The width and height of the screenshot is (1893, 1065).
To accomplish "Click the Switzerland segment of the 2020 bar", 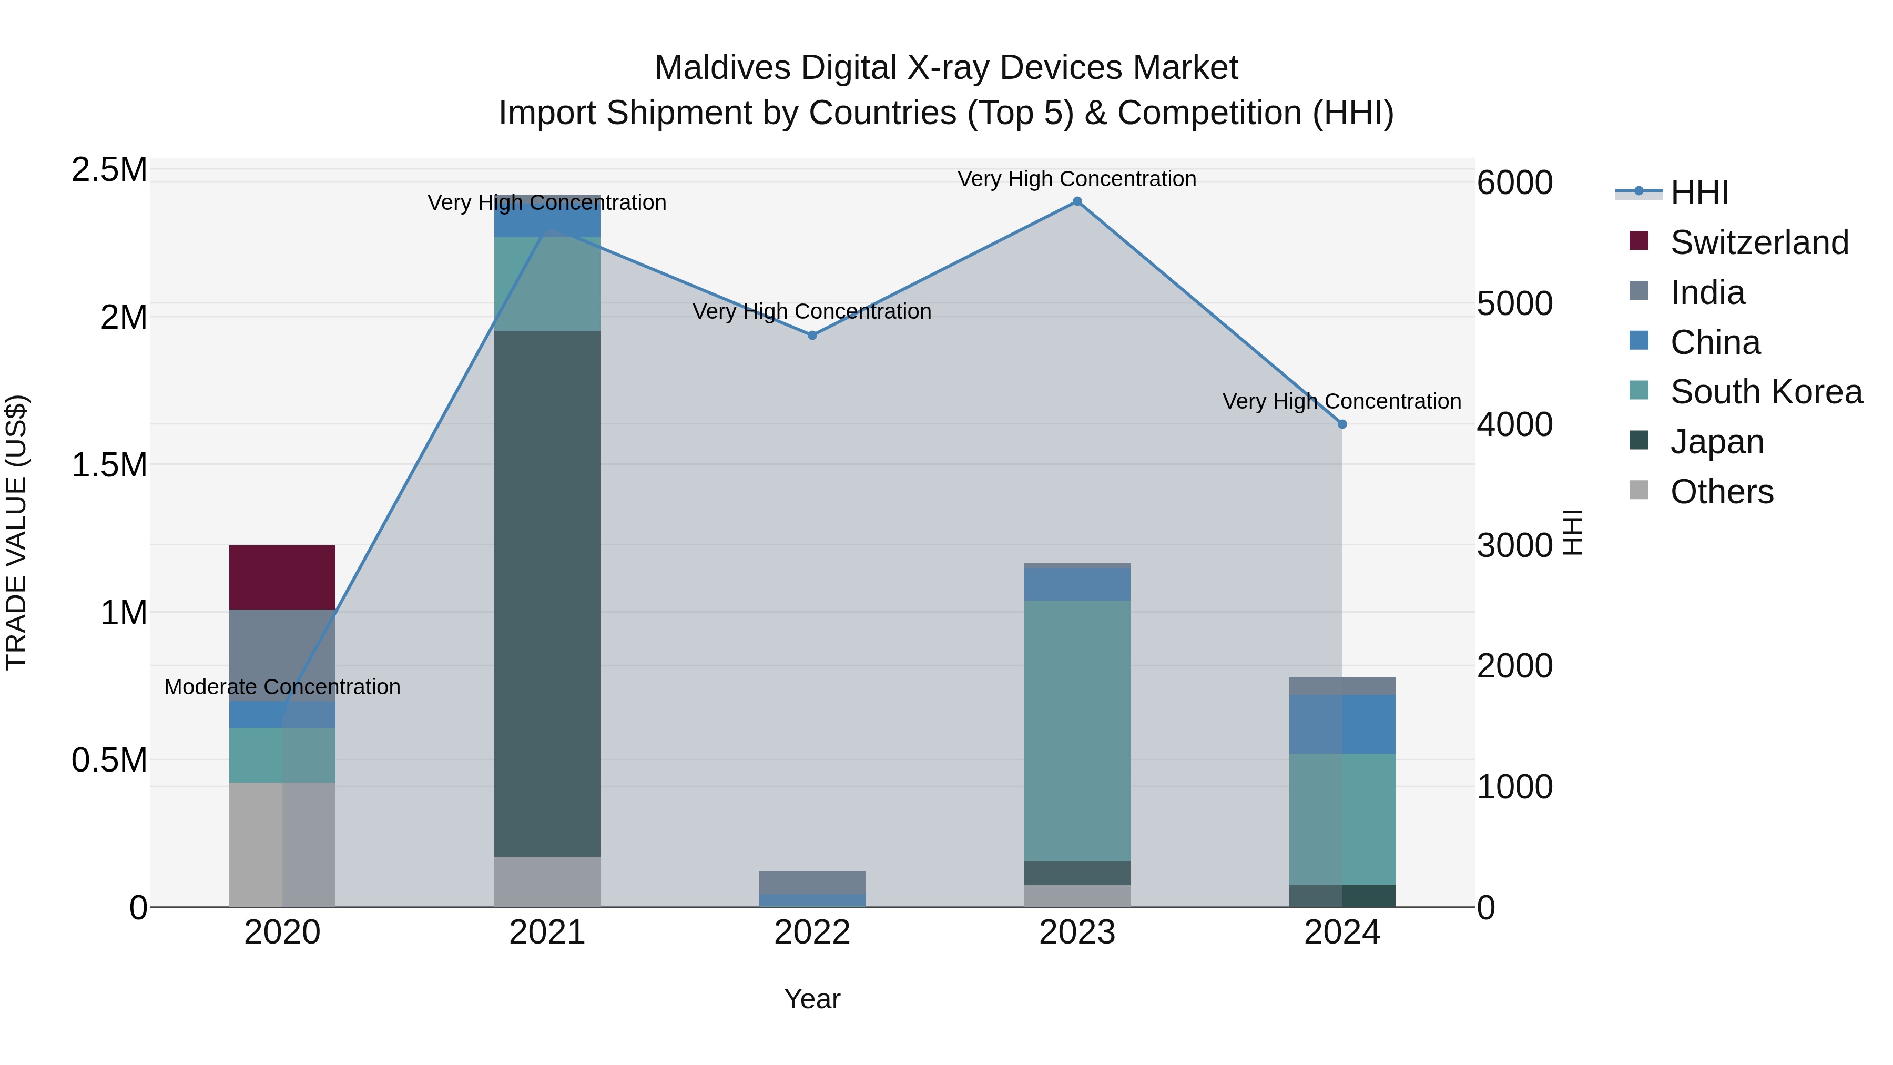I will pyautogui.click(x=282, y=577).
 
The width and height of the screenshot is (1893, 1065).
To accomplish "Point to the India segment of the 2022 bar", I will pyautogui.click(x=812, y=881).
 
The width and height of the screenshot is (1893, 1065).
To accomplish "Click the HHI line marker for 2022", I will pyautogui.click(x=812, y=335).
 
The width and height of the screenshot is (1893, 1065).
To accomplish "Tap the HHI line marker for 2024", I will pyautogui.click(x=1342, y=424).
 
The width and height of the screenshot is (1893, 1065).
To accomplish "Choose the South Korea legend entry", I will pyautogui.click(x=1766, y=392).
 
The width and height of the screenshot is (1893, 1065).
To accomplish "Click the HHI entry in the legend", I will pyautogui.click(x=1698, y=192).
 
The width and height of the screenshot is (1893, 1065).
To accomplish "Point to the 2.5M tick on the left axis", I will pyautogui.click(x=109, y=170).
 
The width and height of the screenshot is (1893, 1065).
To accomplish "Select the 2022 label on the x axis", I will pyautogui.click(x=812, y=932).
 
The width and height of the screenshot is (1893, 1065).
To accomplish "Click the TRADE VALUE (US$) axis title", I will pyautogui.click(x=16, y=532).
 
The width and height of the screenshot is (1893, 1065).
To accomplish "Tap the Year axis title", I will pyautogui.click(x=812, y=999).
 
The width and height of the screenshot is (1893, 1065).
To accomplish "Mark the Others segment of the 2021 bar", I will pyautogui.click(x=547, y=881).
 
